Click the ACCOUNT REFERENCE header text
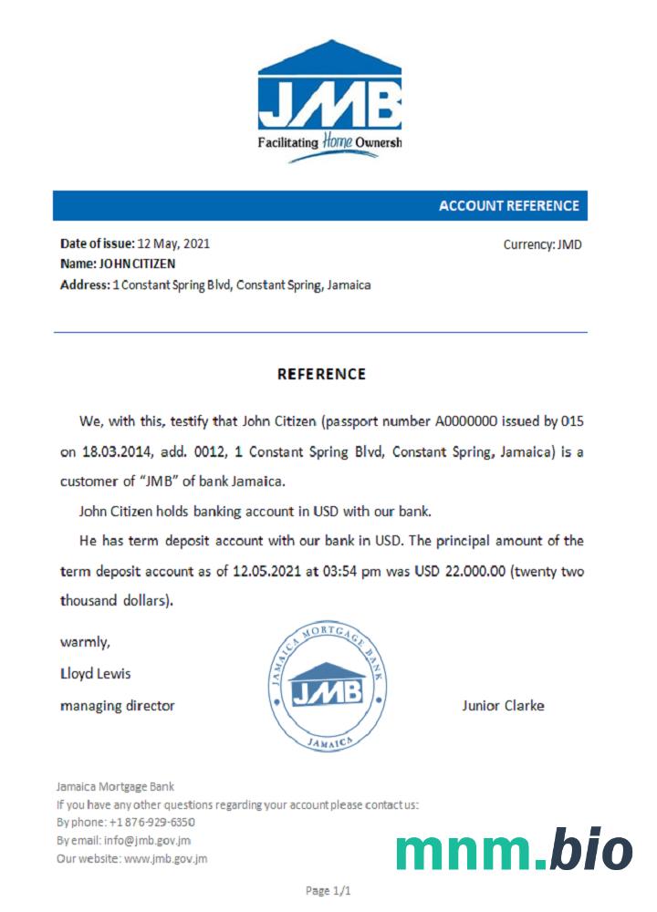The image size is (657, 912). coord(508,206)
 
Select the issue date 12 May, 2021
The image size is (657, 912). coord(173,244)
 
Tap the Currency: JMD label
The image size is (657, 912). coord(542,244)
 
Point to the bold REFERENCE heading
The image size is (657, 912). coord(321,374)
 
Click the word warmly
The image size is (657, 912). coord(85,642)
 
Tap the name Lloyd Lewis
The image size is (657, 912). coord(95,674)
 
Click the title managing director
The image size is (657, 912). coord(117,705)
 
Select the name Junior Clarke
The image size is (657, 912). coord(503,705)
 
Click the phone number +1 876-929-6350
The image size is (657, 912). coord(151,822)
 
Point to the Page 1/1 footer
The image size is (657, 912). coord(328,890)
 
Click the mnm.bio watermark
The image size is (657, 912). coord(514,850)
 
